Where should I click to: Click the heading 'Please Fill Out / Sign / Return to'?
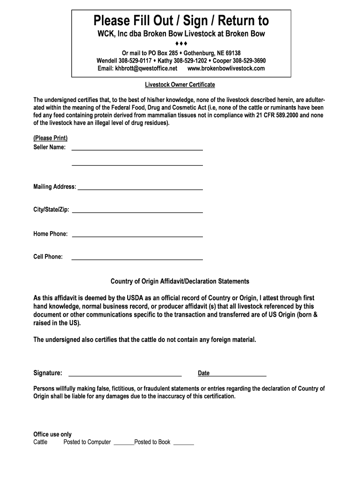181,21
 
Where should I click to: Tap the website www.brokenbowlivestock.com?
226,68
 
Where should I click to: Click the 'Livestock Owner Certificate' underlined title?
180,85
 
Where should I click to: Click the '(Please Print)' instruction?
50,138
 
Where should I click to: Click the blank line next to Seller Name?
137,148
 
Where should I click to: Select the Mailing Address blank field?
140,188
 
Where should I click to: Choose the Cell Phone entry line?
137,258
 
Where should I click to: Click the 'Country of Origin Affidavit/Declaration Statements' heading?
180,281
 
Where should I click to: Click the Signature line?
125,374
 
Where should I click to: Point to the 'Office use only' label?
52,434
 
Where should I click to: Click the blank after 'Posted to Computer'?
123,443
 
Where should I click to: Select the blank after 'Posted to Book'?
183,443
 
